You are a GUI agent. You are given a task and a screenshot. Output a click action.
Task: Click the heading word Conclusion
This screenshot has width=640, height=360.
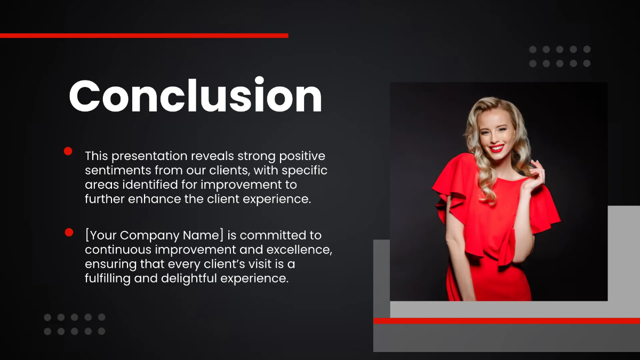pyautogui.click(x=195, y=96)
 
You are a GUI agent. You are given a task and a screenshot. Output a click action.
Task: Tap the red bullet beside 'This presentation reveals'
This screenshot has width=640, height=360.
pyautogui.click(x=68, y=151)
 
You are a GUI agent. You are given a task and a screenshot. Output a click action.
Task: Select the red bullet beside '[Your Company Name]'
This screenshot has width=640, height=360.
pyautogui.click(x=69, y=232)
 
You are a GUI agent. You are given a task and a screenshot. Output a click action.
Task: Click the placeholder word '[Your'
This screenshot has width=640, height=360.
pyautogui.click(x=101, y=235)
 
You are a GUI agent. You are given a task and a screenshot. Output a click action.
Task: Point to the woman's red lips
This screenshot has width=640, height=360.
pyautogui.click(x=497, y=148)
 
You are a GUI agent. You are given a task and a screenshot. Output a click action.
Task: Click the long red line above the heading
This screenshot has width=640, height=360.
pyautogui.click(x=144, y=36)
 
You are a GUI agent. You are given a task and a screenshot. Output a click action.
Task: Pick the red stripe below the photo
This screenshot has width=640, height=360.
pyautogui.click(x=507, y=321)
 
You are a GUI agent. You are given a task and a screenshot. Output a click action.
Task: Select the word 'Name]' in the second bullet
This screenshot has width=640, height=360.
pyautogui.click(x=206, y=235)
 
